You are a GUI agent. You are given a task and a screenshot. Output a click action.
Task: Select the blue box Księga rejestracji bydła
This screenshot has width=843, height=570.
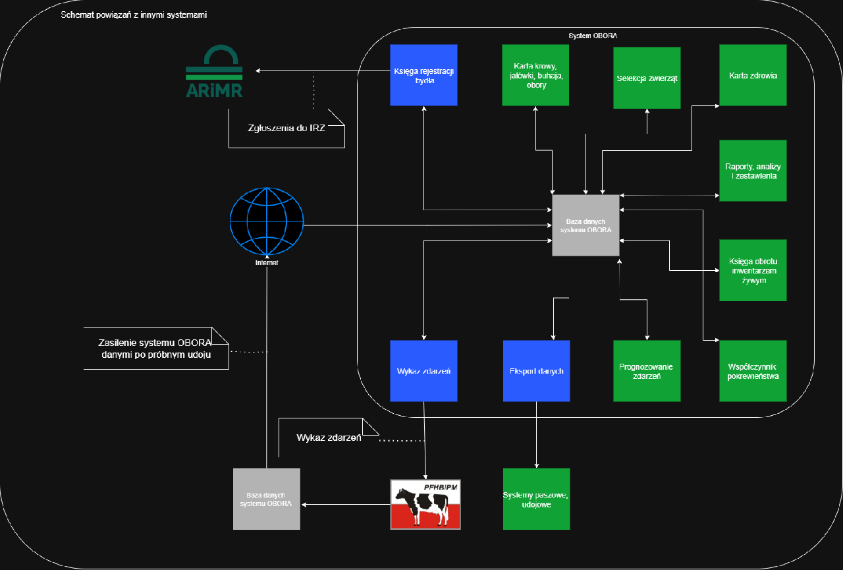(x=423, y=75)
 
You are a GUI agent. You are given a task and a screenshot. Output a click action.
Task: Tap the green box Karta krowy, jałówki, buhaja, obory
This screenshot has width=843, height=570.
(x=535, y=75)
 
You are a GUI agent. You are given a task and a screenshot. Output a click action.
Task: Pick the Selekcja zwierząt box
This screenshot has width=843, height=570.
(x=647, y=78)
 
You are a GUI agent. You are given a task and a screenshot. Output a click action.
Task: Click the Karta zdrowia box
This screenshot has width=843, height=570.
(x=753, y=75)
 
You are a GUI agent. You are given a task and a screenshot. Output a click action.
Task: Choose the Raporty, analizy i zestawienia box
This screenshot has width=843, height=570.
(x=753, y=170)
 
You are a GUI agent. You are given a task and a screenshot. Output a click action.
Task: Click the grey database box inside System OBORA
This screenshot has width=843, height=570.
(x=585, y=225)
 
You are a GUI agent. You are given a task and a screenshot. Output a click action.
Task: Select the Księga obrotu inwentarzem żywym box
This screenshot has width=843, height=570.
(x=753, y=270)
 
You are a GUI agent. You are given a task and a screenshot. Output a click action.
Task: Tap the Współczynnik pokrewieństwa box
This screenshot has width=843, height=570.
(x=753, y=371)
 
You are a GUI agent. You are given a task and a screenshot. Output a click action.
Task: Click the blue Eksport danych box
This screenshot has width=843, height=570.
(x=536, y=371)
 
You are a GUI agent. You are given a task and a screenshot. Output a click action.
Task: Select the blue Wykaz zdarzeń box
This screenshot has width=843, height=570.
(x=423, y=371)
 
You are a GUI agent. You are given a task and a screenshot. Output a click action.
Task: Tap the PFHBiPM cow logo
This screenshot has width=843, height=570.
(x=425, y=504)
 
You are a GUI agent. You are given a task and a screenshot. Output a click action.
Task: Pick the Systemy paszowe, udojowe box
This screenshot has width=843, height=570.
(x=536, y=499)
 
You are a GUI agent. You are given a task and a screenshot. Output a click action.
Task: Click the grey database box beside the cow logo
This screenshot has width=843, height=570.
(x=267, y=499)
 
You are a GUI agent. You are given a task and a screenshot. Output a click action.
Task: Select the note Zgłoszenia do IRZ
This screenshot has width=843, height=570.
(x=286, y=128)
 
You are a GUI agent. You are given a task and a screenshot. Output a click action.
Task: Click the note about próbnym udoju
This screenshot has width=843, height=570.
(x=155, y=348)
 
